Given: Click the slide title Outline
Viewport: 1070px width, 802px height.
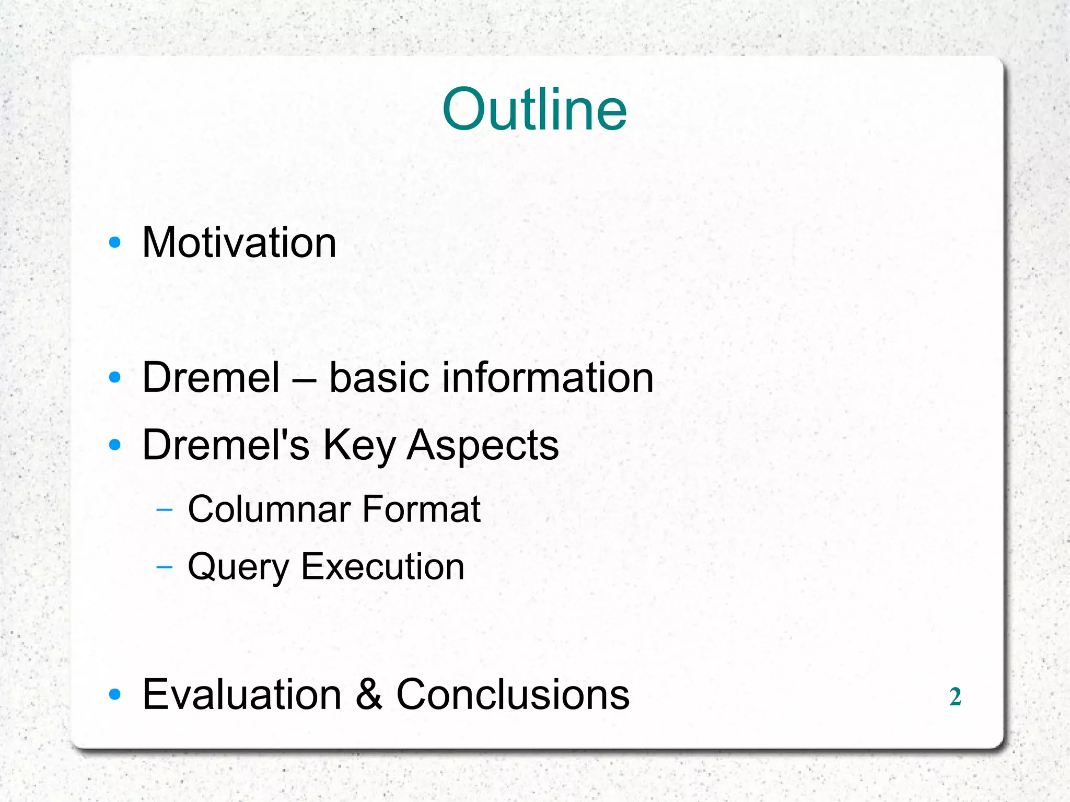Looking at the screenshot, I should click(534, 110).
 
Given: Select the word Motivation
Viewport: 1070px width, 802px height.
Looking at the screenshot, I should click(239, 243).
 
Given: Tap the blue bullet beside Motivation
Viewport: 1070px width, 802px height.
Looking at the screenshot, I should click(114, 242).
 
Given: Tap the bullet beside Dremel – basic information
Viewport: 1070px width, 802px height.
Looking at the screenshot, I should click(114, 377).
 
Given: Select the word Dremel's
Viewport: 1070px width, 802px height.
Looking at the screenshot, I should click(226, 445).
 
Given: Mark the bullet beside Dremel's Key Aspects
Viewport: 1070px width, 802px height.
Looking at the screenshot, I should click(114, 445).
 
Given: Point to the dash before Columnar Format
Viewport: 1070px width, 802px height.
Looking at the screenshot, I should click(164, 510).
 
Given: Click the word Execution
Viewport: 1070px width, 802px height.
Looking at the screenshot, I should click(382, 567).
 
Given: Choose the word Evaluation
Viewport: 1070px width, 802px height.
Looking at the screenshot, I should click(242, 694).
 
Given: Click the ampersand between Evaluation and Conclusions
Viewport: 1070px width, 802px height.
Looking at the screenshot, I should click(369, 694).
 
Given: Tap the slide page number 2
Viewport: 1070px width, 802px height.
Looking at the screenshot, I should click(955, 696).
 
